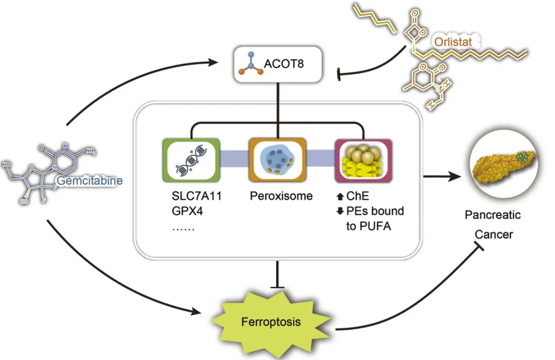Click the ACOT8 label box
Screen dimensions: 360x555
278,65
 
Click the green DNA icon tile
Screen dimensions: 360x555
191,160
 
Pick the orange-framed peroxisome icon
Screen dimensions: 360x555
277,160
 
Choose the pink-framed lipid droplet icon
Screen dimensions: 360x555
363,160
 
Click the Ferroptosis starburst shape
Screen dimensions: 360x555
270,323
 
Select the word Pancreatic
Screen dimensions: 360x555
493,215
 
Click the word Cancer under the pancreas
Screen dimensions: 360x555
493,234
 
